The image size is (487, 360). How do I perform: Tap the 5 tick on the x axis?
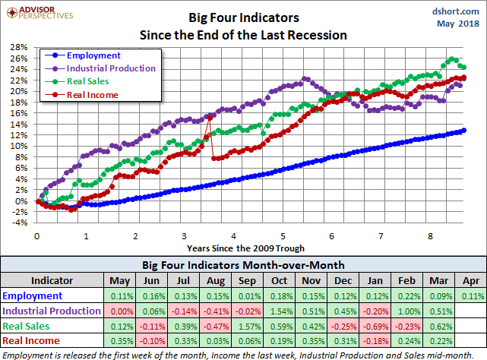coord(282,236)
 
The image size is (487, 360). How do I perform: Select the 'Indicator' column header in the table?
coord(51,279)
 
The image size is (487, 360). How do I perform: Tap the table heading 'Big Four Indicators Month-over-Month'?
coord(243,265)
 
